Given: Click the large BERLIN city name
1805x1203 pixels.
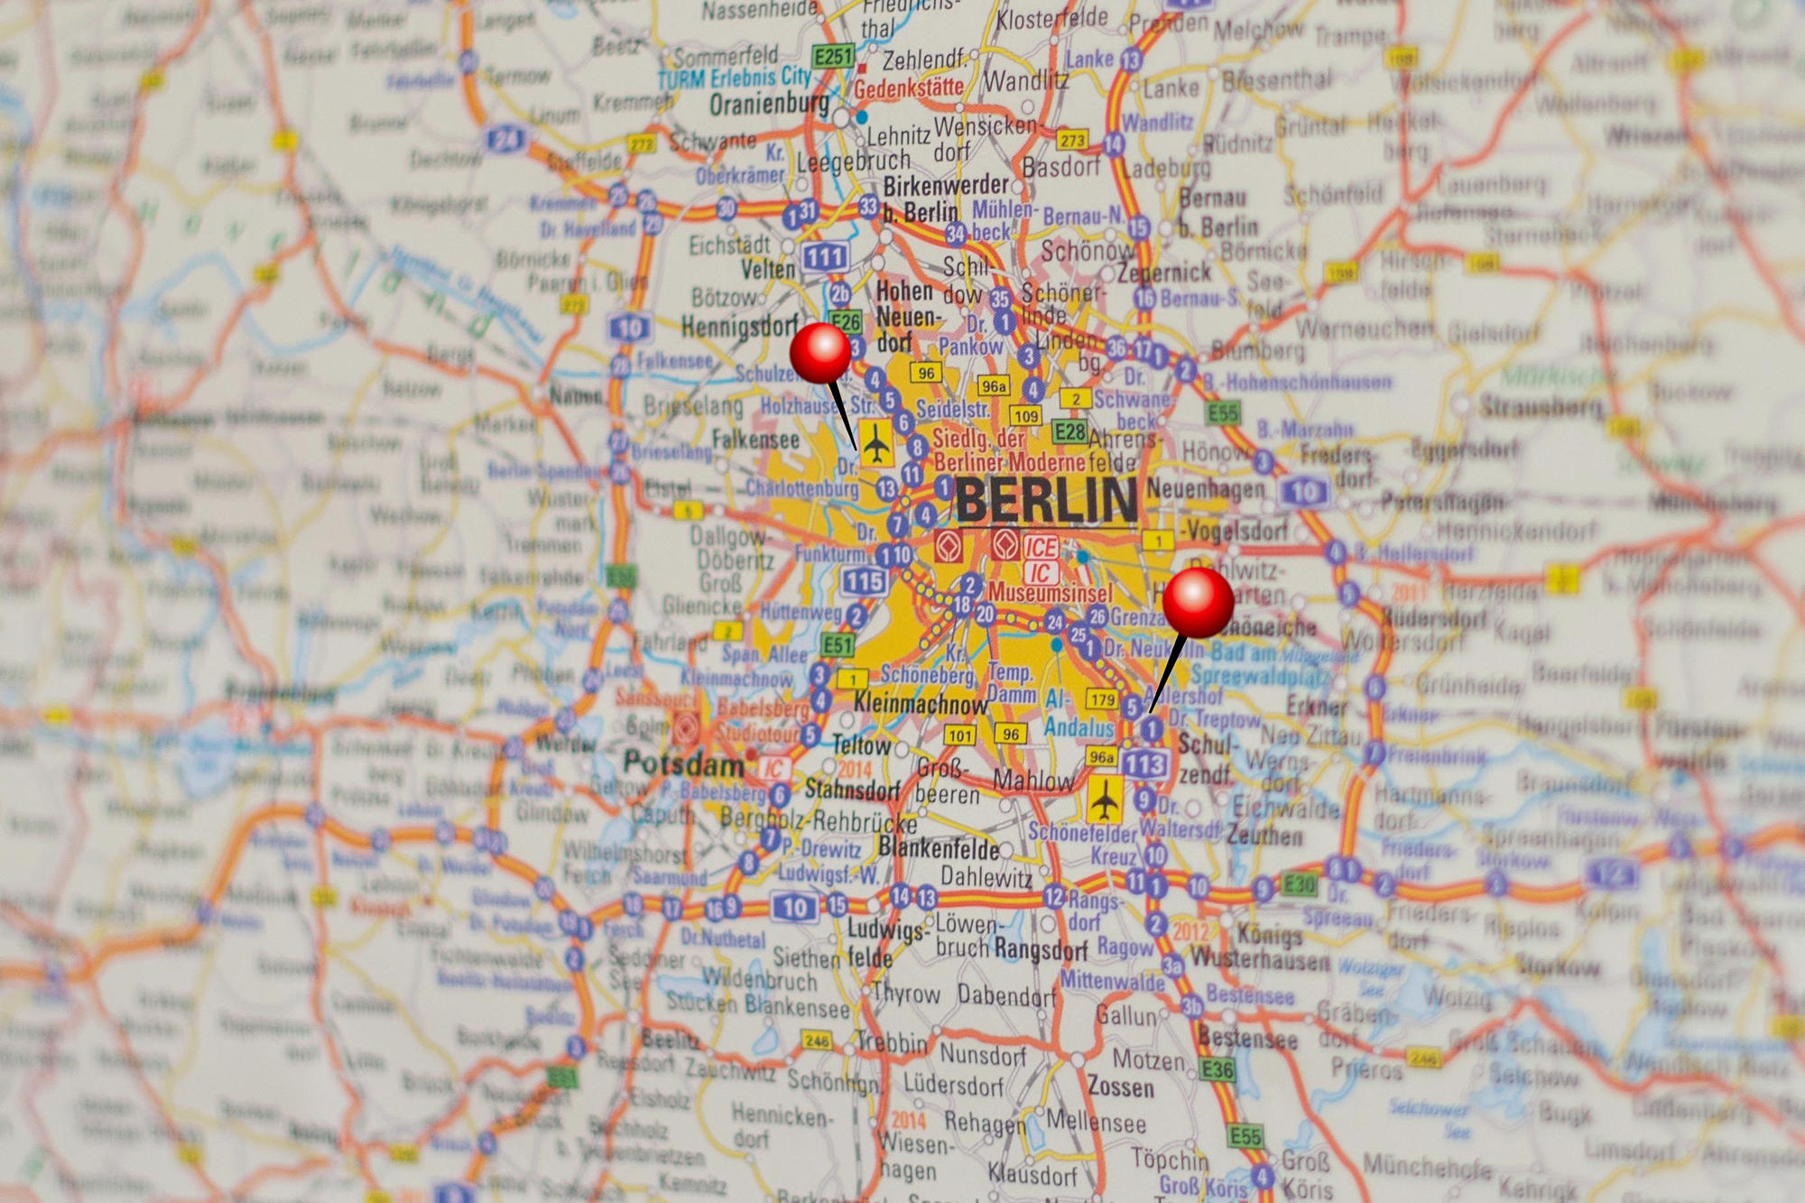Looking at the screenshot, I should click(1046, 499).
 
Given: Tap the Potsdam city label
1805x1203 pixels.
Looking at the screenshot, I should click(683, 763).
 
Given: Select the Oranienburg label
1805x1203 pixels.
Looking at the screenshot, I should click(769, 104).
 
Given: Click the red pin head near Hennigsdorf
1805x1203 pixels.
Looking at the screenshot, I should click(820, 353).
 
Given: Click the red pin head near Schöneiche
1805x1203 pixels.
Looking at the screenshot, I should click(1198, 602).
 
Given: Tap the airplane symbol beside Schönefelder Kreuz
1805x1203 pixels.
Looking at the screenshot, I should click(1103, 800).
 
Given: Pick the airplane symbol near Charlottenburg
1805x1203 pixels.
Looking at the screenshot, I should click(875, 442).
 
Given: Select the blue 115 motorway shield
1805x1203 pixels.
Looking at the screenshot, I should click(864, 581).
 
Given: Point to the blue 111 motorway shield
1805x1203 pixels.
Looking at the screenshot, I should click(824, 257).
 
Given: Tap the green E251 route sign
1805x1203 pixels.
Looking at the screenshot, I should click(833, 57).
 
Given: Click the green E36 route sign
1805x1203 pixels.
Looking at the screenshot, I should click(1217, 1070).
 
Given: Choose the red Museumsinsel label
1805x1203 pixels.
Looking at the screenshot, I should click(1050, 593).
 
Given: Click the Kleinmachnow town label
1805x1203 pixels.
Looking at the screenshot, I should click(921, 703).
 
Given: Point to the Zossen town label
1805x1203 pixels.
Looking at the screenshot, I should click(1120, 1086).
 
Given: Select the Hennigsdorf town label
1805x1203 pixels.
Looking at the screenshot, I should click(739, 326).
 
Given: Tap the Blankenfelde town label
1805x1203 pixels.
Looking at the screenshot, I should click(939, 847).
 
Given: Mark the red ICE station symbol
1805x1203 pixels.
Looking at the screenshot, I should click(1041, 547).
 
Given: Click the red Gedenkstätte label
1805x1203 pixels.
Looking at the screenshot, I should click(908, 88).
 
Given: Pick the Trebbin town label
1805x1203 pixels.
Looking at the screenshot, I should click(892, 1042).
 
